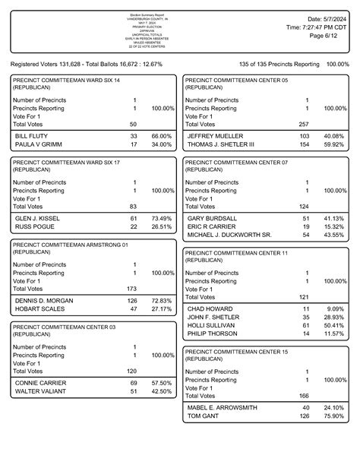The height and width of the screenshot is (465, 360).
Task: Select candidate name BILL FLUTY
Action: pos(31,135)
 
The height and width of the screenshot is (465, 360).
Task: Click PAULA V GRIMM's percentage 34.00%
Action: pos(162,144)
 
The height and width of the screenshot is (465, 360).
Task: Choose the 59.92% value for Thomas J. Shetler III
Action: pos(334,144)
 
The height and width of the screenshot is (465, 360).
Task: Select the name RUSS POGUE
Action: pos(33,226)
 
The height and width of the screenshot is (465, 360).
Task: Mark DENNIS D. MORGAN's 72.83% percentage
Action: pos(162,300)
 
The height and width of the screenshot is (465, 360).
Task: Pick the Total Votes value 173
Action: pos(132,289)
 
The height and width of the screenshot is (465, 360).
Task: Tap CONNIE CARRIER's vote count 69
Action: pos(133,383)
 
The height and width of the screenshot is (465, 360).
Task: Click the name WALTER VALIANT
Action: pos(39,392)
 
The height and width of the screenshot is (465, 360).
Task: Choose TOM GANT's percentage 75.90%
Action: pos(334,416)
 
